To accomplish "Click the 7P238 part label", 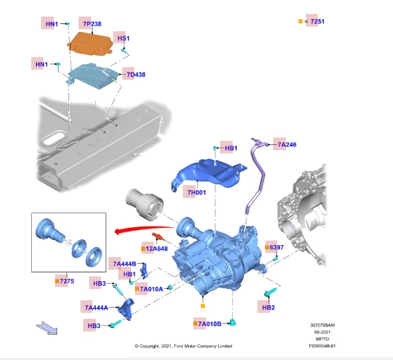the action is tap(92, 24).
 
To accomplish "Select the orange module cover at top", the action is tap(90, 44).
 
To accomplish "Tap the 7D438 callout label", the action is tap(136, 74).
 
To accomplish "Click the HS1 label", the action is tap(124, 39).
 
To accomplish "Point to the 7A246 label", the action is tap(287, 145).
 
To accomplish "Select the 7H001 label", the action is tap(197, 193).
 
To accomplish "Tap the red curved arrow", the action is tap(144, 229).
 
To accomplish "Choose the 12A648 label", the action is tap(157, 248).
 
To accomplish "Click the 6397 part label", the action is tap(277, 247).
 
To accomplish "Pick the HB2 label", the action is tap(268, 308).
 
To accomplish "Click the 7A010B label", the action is tap(209, 324).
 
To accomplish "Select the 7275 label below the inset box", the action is tap(67, 281).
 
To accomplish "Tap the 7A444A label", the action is tap(96, 308).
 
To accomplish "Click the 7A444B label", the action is tap(124, 264).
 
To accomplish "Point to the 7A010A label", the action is tap(152, 289).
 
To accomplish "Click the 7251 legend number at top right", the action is tap(317, 21).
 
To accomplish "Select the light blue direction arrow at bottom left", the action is tap(47, 328).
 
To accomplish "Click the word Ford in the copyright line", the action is tap(178, 346).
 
